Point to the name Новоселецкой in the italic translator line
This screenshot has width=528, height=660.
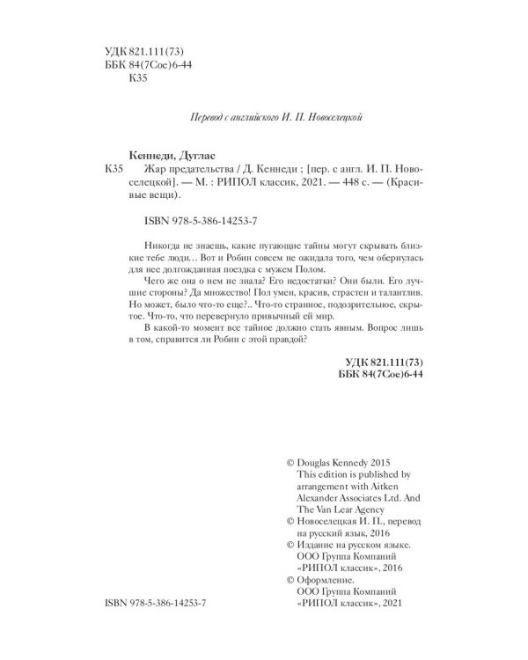coord(330,115)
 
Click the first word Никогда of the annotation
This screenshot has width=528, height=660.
coord(159,242)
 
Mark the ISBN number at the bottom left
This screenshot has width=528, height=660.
coord(159,606)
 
